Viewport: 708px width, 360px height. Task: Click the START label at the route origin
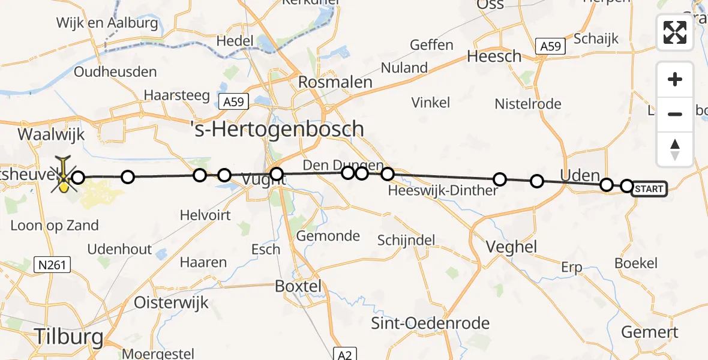tap(649, 190)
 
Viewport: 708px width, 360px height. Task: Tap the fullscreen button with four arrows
tap(675, 32)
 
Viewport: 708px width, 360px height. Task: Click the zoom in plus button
tap(675, 79)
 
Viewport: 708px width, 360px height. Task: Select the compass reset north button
tap(675, 149)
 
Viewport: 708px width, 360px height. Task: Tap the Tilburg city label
tap(68, 337)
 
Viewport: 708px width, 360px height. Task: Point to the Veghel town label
tap(512, 247)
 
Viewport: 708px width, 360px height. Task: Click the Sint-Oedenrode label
tap(430, 323)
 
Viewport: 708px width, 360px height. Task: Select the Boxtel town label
tap(298, 286)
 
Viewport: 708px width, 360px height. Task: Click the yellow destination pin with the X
tap(64, 176)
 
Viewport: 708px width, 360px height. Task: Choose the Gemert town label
tap(649, 332)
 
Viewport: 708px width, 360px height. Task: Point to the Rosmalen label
tap(335, 82)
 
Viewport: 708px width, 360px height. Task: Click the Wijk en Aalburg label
tap(107, 23)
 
